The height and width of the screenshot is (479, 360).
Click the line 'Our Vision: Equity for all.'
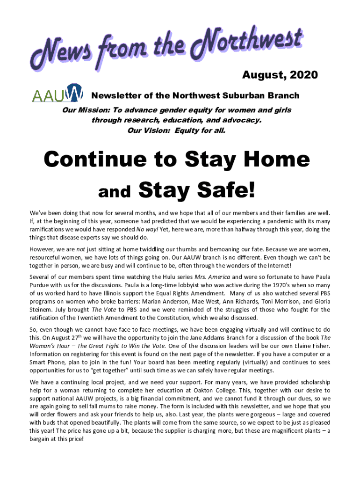click(176, 131)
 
